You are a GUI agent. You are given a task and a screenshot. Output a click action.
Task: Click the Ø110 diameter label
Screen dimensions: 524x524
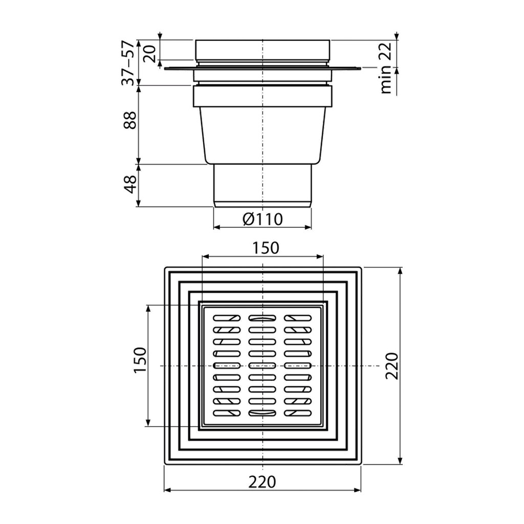[x=263, y=219]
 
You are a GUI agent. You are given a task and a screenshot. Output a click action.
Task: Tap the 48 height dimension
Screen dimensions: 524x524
[x=130, y=184]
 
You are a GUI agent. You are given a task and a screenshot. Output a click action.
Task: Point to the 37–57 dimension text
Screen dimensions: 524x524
[x=128, y=63]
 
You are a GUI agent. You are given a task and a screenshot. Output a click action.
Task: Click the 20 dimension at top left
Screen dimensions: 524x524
[x=150, y=54]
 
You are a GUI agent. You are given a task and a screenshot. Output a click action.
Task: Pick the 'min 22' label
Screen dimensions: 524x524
[x=386, y=69]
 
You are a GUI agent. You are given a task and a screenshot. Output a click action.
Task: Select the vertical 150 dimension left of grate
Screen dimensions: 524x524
[x=140, y=360]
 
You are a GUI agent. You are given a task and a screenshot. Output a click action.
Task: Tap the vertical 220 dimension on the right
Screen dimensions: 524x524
[x=392, y=365]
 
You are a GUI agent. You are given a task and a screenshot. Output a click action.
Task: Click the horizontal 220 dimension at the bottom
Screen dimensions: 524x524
[x=263, y=482]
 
